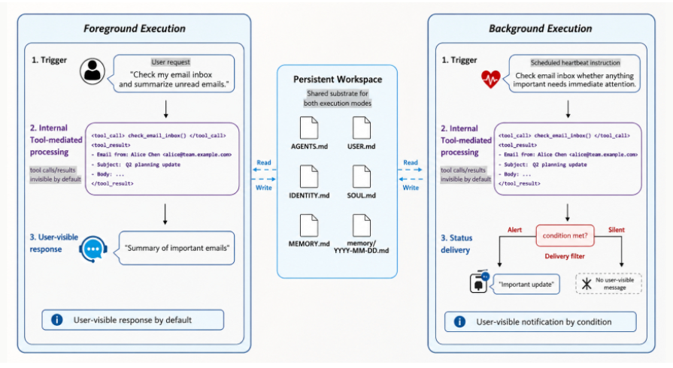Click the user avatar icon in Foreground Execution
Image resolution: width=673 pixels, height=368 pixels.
[x=92, y=71]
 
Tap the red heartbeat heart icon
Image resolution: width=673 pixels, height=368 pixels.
[x=490, y=79]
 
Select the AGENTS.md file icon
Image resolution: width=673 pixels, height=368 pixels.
[x=309, y=128]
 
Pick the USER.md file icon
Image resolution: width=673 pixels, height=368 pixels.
[x=362, y=128]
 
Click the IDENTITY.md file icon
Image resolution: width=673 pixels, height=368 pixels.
[x=309, y=176]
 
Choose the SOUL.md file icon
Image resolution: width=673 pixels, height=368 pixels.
[x=362, y=176]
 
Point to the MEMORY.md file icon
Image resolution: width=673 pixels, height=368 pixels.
[x=309, y=225]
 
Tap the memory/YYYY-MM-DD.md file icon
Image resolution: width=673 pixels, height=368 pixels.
[x=362, y=225]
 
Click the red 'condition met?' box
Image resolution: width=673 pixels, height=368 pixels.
[x=565, y=236]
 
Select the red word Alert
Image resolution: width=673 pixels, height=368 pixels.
[x=514, y=230]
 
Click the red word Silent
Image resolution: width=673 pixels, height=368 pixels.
[x=617, y=230]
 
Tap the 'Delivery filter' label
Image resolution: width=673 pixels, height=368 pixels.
[x=565, y=256]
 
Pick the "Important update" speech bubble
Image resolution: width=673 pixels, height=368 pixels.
[x=526, y=284]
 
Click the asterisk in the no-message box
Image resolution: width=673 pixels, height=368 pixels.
[x=587, y=283]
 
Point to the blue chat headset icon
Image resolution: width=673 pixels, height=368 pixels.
[x=93, y=249]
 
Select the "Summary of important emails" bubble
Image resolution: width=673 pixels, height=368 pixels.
[x=177, y=248]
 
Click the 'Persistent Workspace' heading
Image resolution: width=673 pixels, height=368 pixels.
[x=338, y=80]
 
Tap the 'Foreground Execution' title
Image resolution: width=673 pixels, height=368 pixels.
[x=135, y=29]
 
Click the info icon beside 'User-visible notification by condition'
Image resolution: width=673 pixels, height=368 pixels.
[x=459, y=321]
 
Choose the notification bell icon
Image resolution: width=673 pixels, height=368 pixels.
[x=478, y=282]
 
